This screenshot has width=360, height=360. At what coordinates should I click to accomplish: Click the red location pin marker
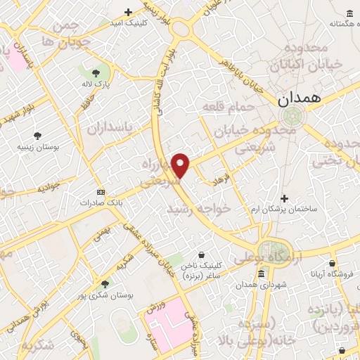[181, 165]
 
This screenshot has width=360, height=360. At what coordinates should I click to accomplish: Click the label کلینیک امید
[128, 22]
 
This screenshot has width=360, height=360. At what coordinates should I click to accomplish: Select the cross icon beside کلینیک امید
[128, 12]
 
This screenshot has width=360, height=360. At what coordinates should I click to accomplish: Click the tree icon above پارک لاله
[96, 72]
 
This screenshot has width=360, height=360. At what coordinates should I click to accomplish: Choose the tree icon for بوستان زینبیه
[38, 136]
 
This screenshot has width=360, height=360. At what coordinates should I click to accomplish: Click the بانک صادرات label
[98, 202]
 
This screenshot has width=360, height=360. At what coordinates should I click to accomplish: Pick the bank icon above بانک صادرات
[100, 192]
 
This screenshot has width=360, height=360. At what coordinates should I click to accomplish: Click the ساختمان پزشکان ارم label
[285, 210]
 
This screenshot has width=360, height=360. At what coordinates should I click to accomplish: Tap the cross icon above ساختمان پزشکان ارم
[284, 199]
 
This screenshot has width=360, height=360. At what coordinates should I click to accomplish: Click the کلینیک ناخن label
[201, 265]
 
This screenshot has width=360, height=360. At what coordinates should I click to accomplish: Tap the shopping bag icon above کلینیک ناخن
[202, 255]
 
